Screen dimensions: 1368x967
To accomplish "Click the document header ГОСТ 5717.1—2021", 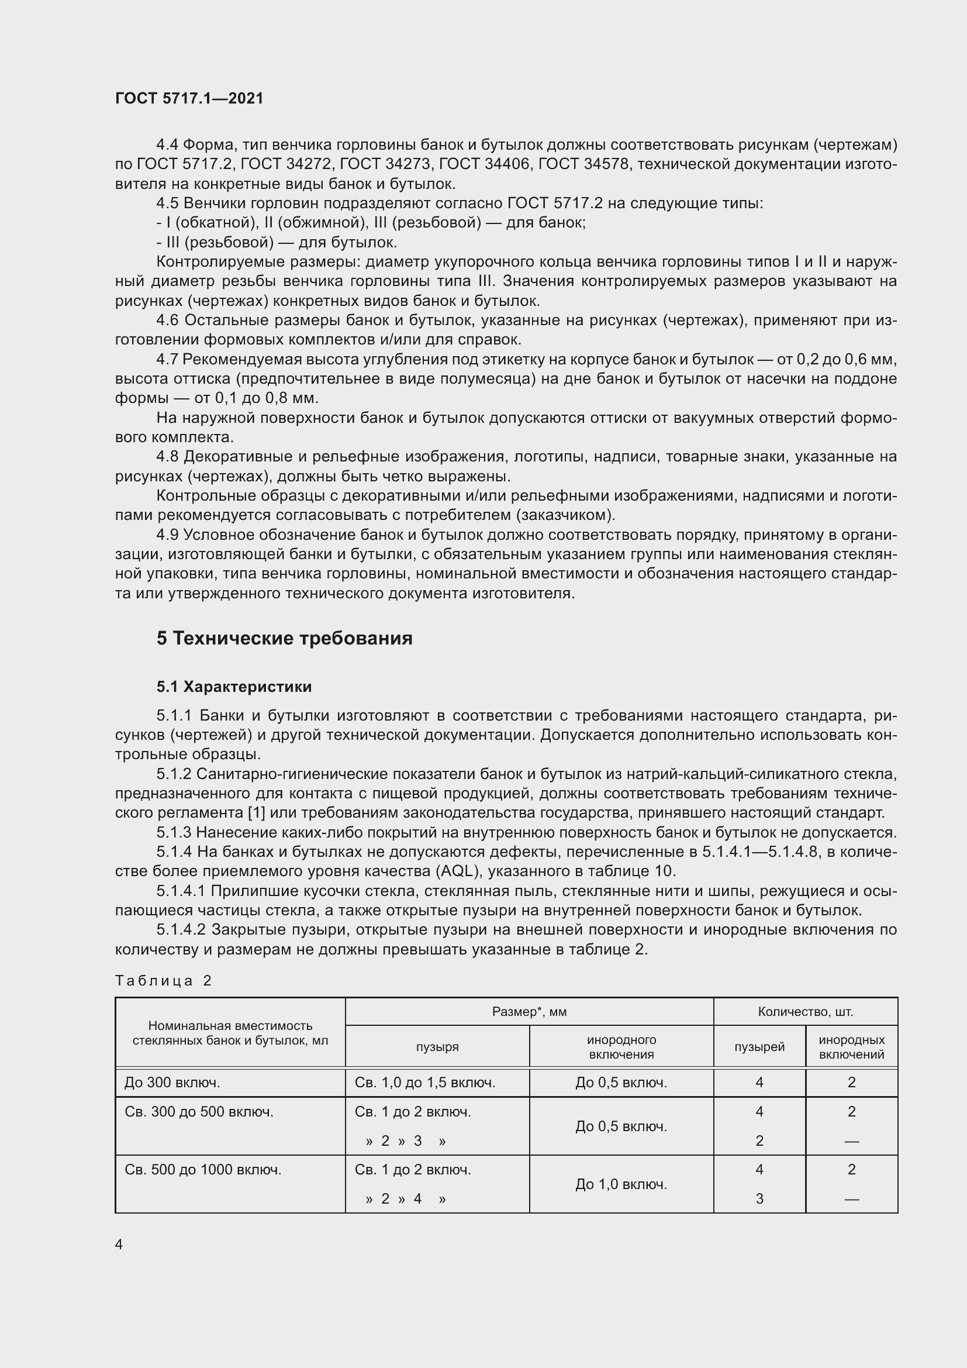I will coord(189,98).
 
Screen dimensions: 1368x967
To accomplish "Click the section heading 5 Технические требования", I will coord(284,638).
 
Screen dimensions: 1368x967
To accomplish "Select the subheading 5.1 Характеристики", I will coord(234,687).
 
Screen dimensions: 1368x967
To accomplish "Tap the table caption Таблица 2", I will coord(163,980).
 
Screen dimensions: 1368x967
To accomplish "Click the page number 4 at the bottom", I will coord(119,1244).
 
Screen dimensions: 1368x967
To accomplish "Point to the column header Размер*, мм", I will coord(529,1011).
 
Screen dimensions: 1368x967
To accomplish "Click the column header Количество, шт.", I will coord(805,1011).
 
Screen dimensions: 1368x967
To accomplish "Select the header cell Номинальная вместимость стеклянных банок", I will coord(230,1032).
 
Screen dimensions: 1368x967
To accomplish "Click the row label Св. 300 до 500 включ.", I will coord(199,1111).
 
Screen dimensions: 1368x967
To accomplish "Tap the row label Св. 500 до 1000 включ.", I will coord(202,1169).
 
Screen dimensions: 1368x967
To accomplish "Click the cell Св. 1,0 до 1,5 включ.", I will coord(424,1082).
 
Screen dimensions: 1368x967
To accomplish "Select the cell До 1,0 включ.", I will coord(620,1184).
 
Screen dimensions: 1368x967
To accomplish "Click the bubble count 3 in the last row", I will coord(759,1198).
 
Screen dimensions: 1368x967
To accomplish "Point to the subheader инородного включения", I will coord(621,1047).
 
